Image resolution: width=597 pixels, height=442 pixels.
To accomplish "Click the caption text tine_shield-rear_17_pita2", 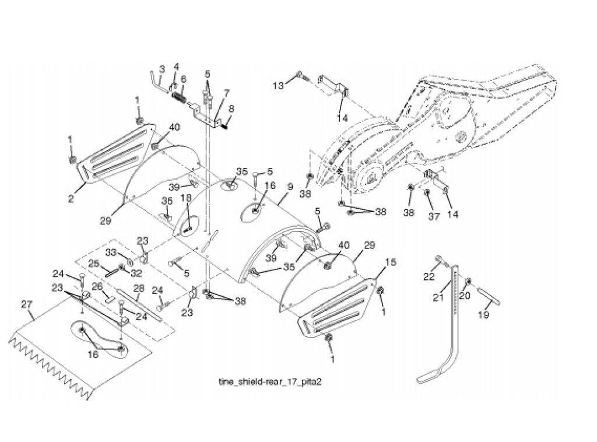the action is click(270, 382).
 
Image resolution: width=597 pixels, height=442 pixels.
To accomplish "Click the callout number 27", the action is click(27, 304).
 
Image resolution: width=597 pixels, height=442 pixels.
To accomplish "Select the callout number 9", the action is click(290, 187).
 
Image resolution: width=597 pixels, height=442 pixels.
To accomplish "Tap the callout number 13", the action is click(278, 86).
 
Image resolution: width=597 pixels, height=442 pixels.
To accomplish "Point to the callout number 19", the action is click(483, 315).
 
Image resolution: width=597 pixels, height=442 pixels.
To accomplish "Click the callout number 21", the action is click(438, 296).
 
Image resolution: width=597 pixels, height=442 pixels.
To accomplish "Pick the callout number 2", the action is click(71, 198).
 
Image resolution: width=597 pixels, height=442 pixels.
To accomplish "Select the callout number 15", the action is click(391, 262).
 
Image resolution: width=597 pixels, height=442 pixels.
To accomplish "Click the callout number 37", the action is click(434, 216).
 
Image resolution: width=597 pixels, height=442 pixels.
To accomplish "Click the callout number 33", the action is click(111, 252).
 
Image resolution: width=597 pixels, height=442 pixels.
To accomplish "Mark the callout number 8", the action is click(231, 108).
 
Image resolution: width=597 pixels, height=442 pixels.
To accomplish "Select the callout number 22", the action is click(429, 277).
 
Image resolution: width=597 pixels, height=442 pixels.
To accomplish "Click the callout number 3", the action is click(162, 69).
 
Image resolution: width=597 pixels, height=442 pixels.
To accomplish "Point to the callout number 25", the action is click(94, 263).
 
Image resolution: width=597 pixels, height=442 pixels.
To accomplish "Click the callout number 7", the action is click(227, 93).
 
